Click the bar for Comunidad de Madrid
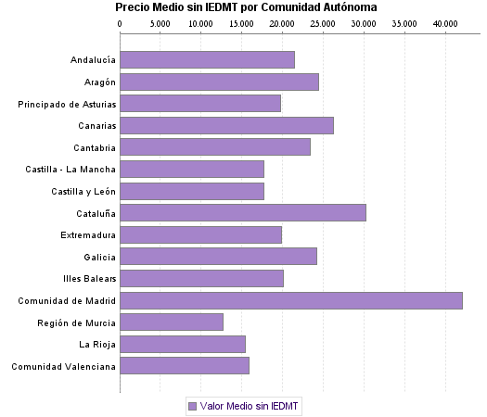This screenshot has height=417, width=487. [x=290, y=300]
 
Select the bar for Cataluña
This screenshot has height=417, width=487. [x=242, y=213]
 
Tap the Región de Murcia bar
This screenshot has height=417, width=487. [x=172, y=322]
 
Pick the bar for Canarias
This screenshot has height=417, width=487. [x=226, y=125]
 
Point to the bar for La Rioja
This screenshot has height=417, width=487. [x=183, y=344]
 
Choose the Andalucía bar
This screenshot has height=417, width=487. [x=207, y=60]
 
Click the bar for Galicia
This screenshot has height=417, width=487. [x=218, y=257]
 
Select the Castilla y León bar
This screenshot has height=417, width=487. [x=192, y=191]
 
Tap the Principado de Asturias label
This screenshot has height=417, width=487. [x=67, y=104]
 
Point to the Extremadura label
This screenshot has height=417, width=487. [x=88, y=234]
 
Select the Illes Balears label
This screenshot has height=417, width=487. [x=90, y=278]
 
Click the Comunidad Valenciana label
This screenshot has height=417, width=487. [x=64, y=366]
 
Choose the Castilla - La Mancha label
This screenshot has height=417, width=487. [x=71, y=170]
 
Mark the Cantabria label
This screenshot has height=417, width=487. [x=95, y=147]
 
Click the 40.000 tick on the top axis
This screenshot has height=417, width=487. [x=445, y=22]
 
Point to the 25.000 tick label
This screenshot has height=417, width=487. [x=323, y=22]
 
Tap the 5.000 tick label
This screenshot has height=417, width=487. [x=160, y=22]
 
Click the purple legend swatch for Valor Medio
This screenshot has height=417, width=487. [x=192, y=406]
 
